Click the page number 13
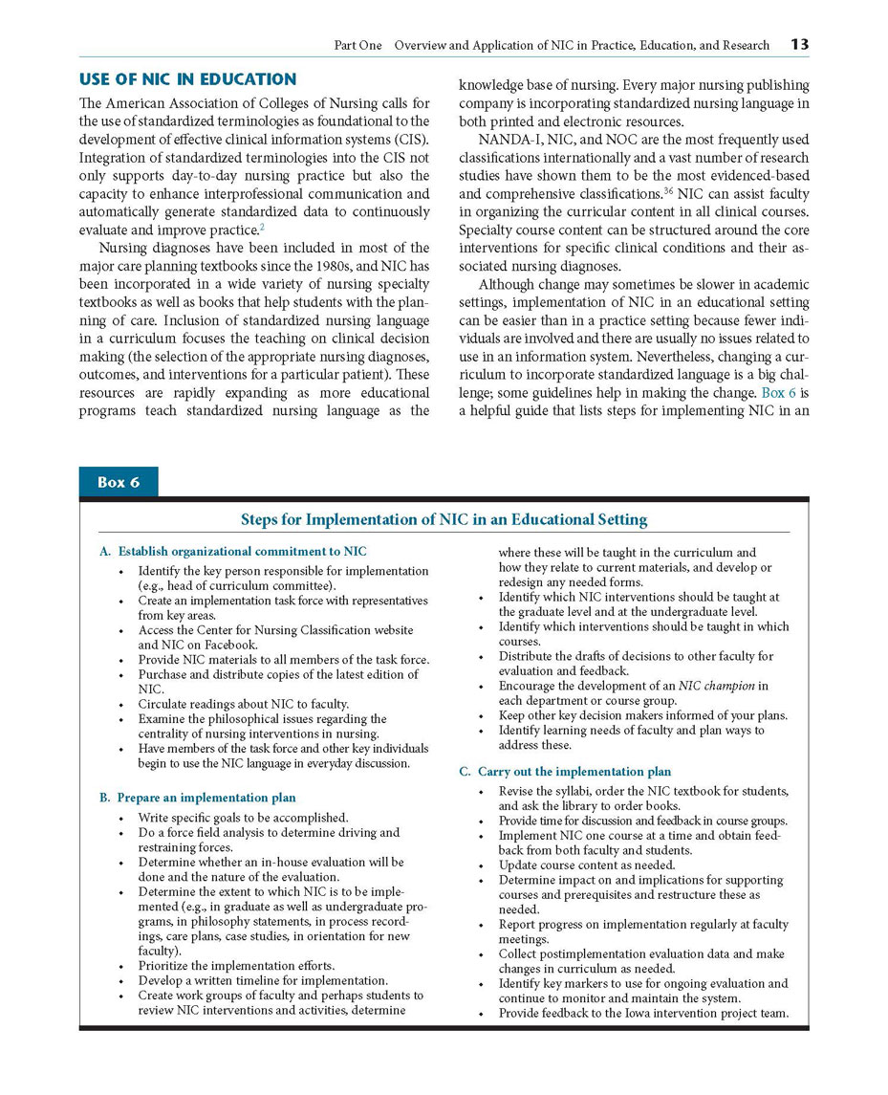point(799,44)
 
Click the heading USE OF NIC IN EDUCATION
point(187,79)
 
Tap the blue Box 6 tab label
point(119,482)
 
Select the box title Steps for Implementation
point(444,519)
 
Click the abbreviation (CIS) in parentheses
point(410,139)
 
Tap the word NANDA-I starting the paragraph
point(506,140)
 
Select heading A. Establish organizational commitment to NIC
point(233,551)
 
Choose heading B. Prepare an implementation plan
point(198,797)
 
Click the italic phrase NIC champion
point(717,686)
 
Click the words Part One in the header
point(357,45)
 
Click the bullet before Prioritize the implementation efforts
point(121,966)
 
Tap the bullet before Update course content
point(482,865)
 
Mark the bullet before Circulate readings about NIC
point(121,704)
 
